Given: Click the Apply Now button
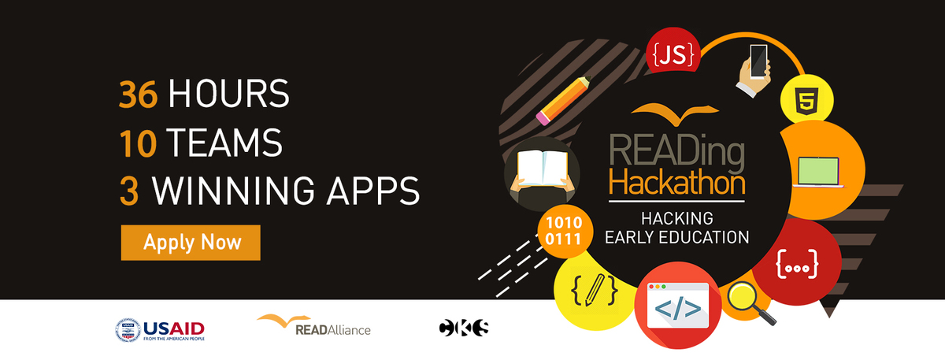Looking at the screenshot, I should click(x=191, y=242).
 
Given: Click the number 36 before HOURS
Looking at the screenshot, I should click(x=139, y=95).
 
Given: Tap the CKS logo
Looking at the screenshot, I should click(x=464, y=327).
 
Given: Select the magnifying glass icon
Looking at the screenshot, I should click(x=747, y=301).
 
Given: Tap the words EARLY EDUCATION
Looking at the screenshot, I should click(x=676, y=236).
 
